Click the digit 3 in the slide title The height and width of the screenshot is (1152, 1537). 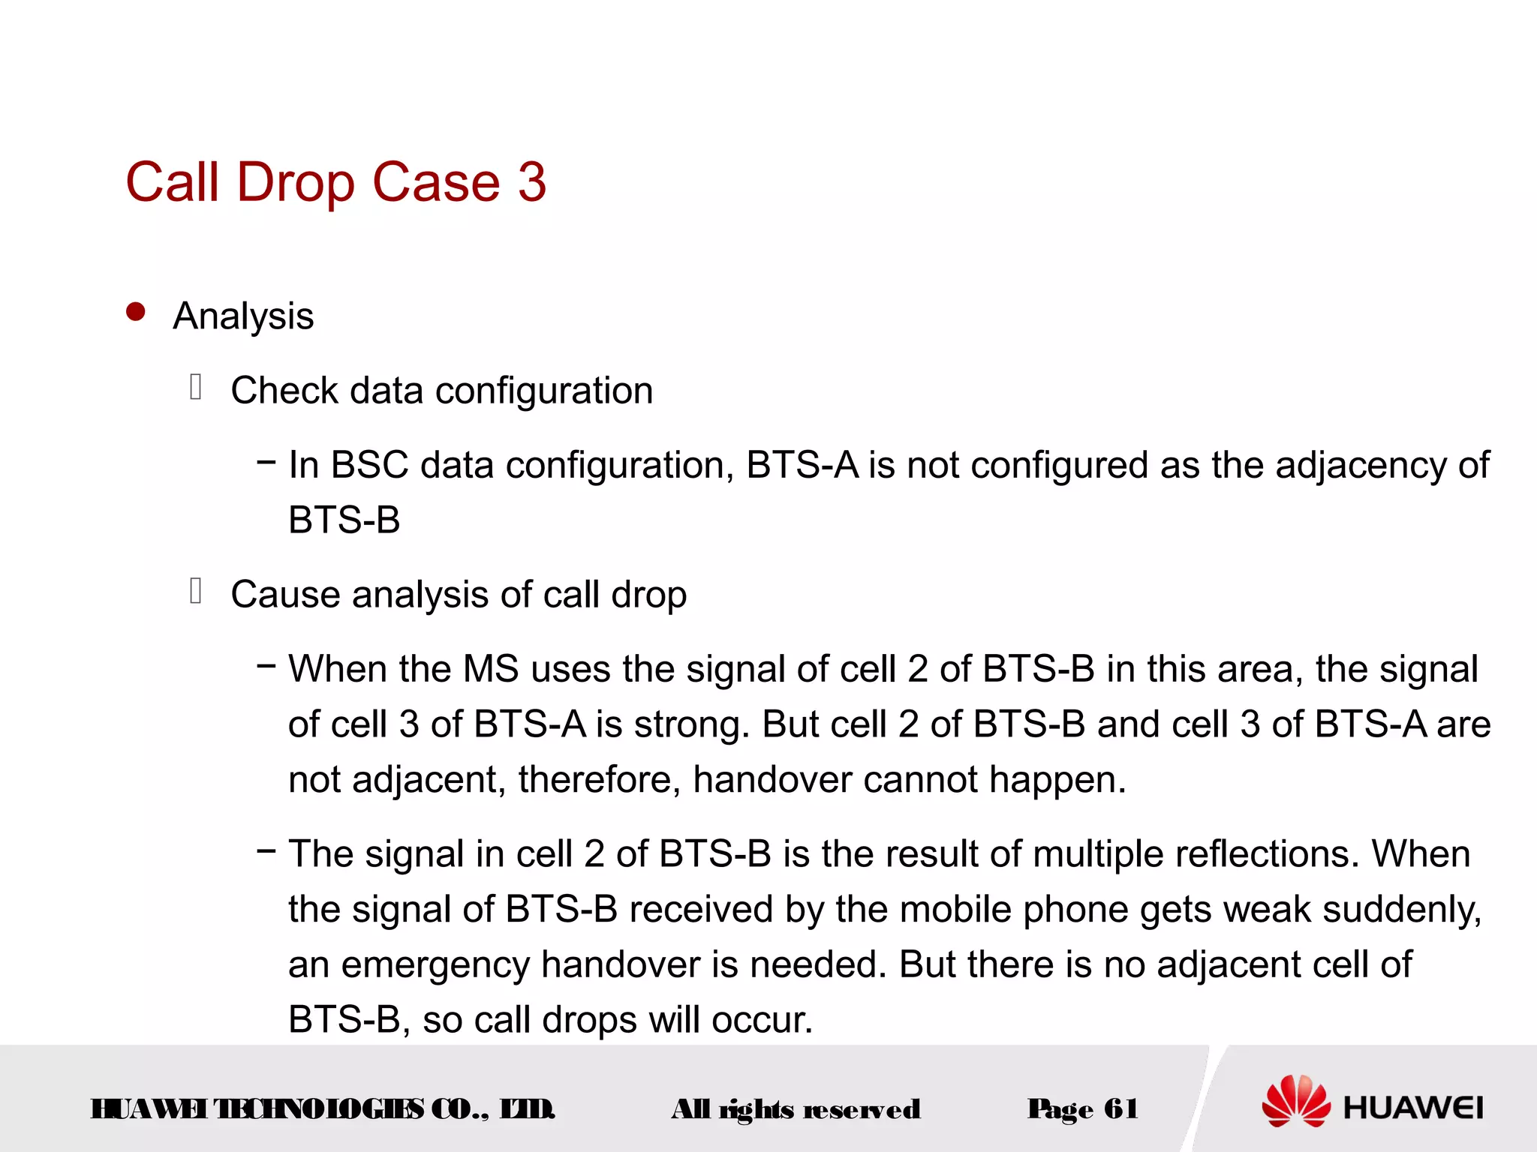[531, 182]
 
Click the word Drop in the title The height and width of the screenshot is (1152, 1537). [296, 182]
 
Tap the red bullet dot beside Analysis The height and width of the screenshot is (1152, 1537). [136, 312]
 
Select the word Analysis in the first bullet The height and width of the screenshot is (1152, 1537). [243, 316]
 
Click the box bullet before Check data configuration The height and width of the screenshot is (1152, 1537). [196, 387]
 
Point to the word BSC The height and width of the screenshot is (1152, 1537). [369, 465]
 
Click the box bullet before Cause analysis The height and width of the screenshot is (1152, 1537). [196, 591]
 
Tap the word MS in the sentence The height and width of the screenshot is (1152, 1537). [491, 669]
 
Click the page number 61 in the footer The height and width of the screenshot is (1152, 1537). [1121, 1108]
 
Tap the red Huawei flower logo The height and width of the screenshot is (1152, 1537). [1296, 1101]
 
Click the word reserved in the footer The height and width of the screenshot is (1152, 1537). [862, 1109]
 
